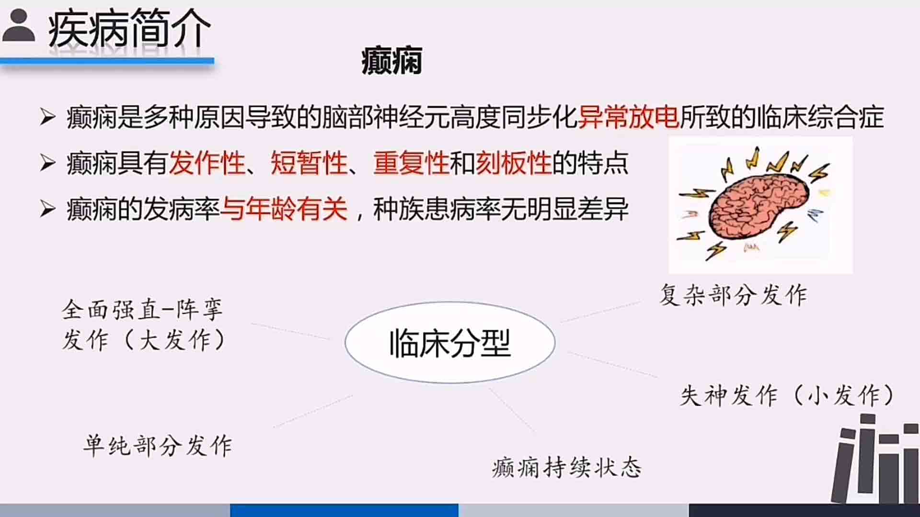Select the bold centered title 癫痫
[x=392, y=61]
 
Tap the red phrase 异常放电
[x=628, y=117]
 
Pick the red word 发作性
[x=207, y=163]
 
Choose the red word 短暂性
[x=309, y=163]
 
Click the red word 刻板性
[x=514, y=163]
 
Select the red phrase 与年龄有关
[x=284, y=209]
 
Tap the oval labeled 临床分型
[x=450, y=342]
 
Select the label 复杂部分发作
[x=733, y=294]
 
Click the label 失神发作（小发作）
[x=787, y=395]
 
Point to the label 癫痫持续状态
[x=566, y=467]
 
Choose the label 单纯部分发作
[x=158, y=445]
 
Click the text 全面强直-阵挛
[x=142, y=309]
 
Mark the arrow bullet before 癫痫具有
[x=47, y=163]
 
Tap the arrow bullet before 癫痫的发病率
[x=47, y=209]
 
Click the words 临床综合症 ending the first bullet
[x=820, y=117]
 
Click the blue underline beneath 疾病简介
[x=107, y=61]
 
